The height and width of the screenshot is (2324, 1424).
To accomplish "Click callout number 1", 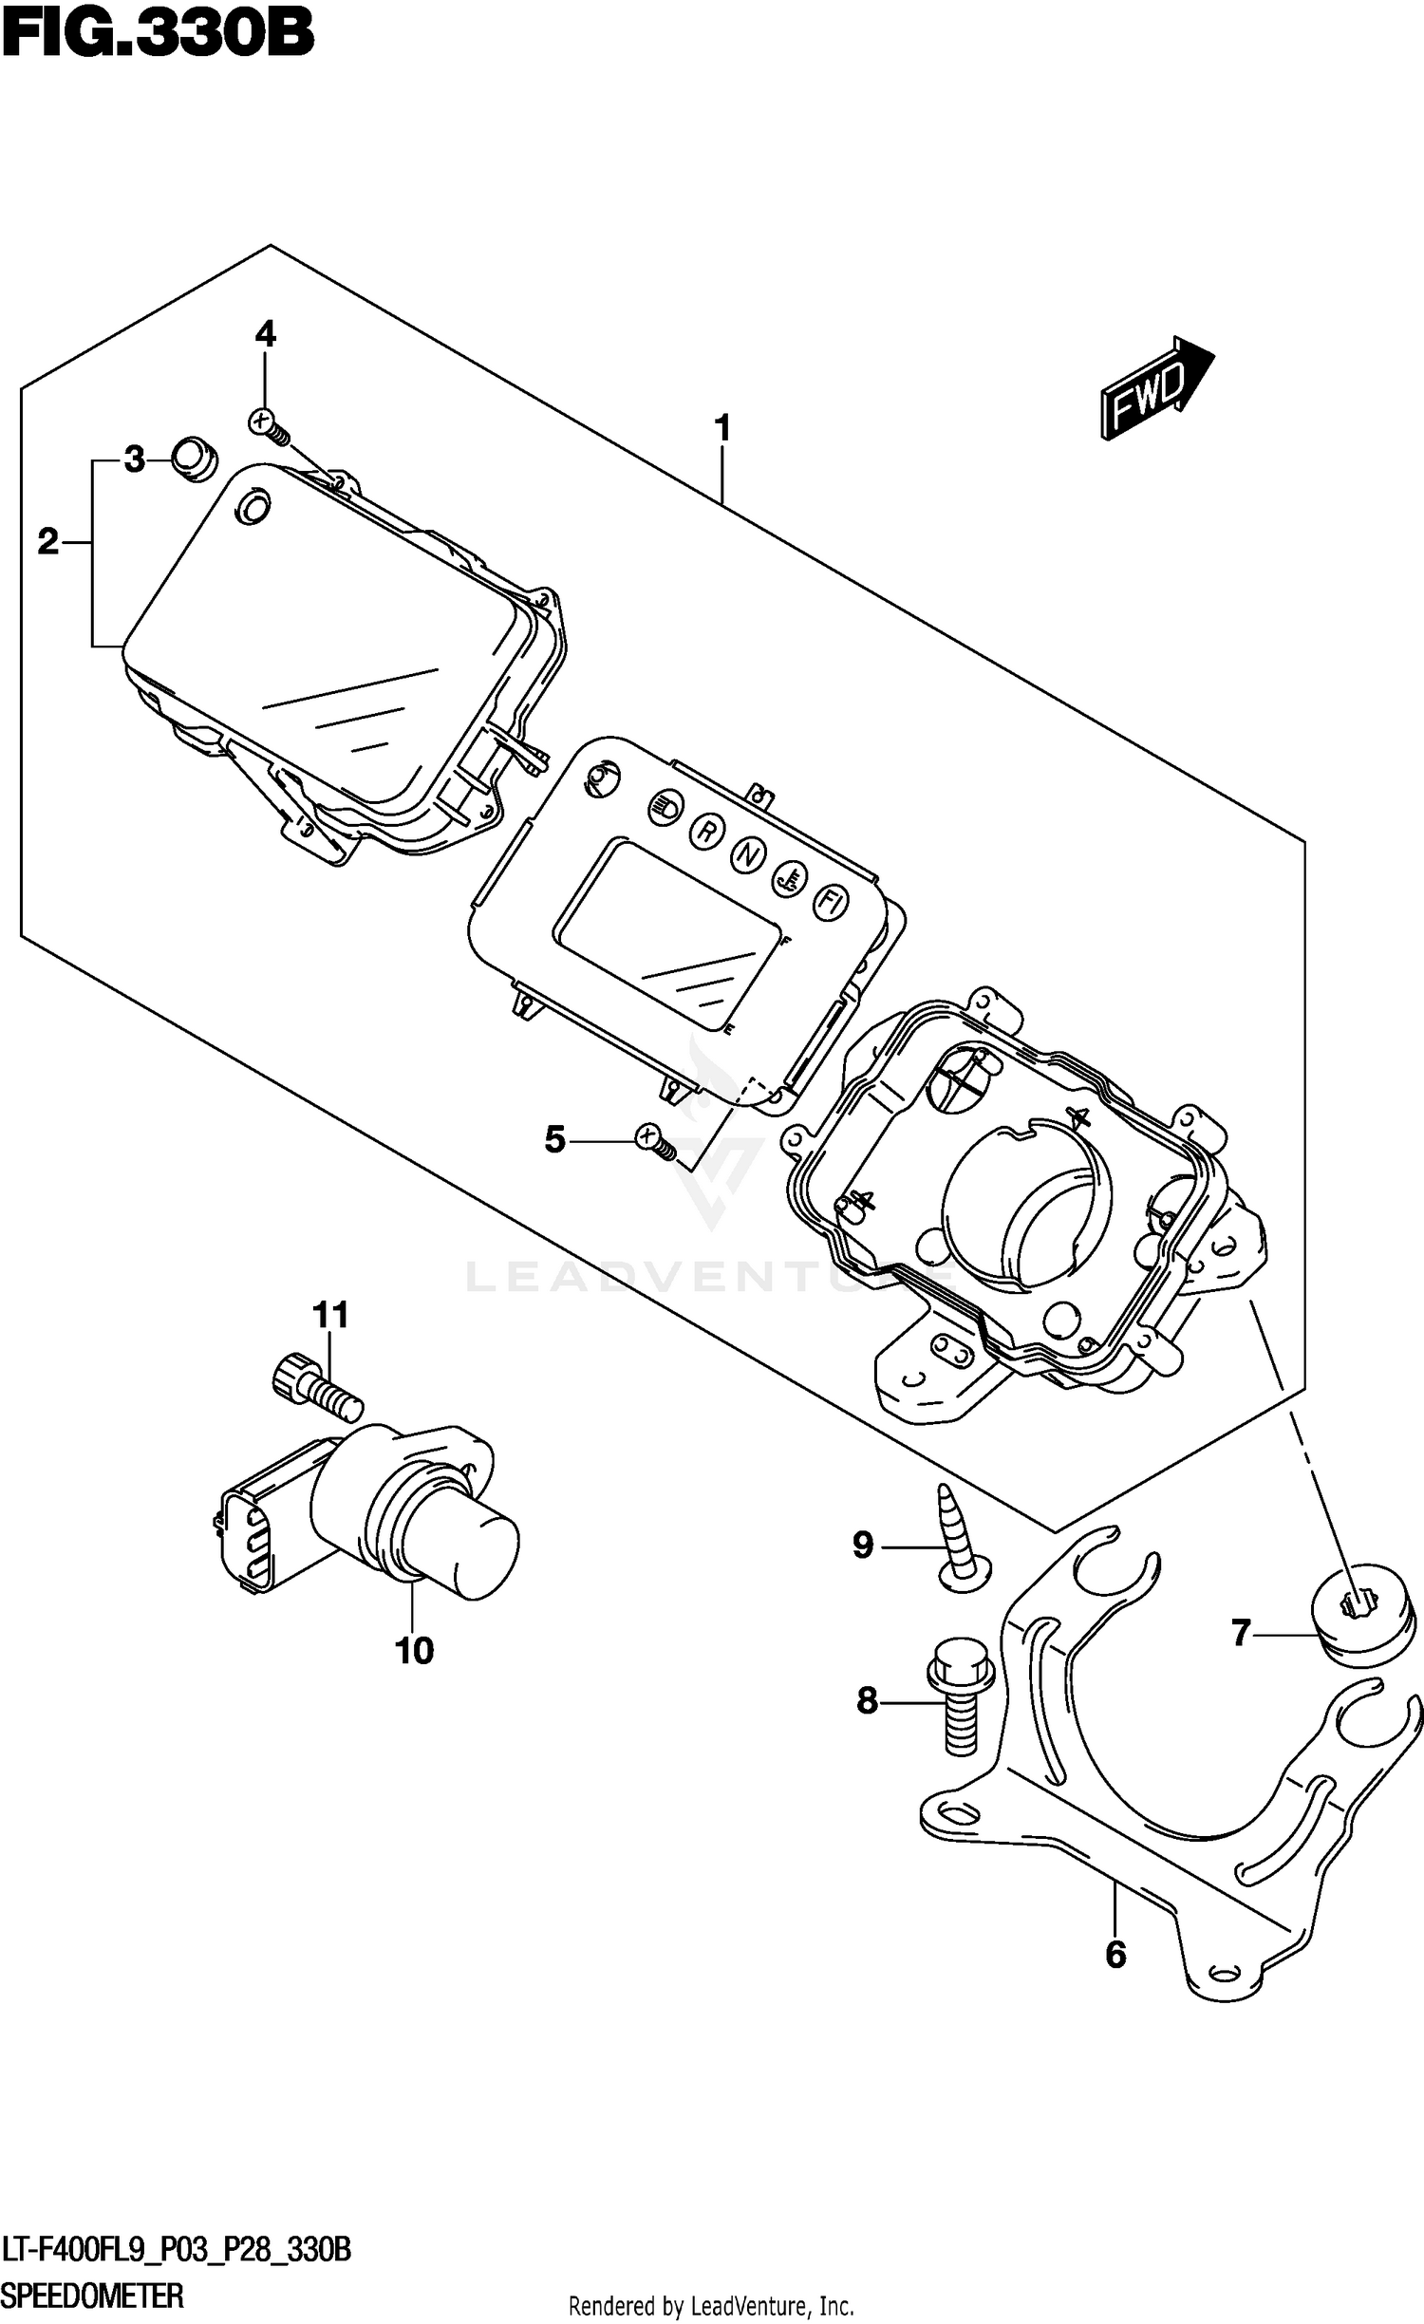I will click(722, 428).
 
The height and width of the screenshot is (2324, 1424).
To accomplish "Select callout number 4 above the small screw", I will click(265, 334).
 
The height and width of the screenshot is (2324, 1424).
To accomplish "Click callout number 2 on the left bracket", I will click(47, 542).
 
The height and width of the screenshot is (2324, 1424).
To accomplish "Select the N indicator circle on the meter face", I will click(748, 855).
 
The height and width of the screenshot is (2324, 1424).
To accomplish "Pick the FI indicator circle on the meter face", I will click(830, 902).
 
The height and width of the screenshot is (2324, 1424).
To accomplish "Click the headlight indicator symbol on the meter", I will click(665, 809).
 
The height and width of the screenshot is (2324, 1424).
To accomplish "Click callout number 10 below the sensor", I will click(415, 1651).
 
